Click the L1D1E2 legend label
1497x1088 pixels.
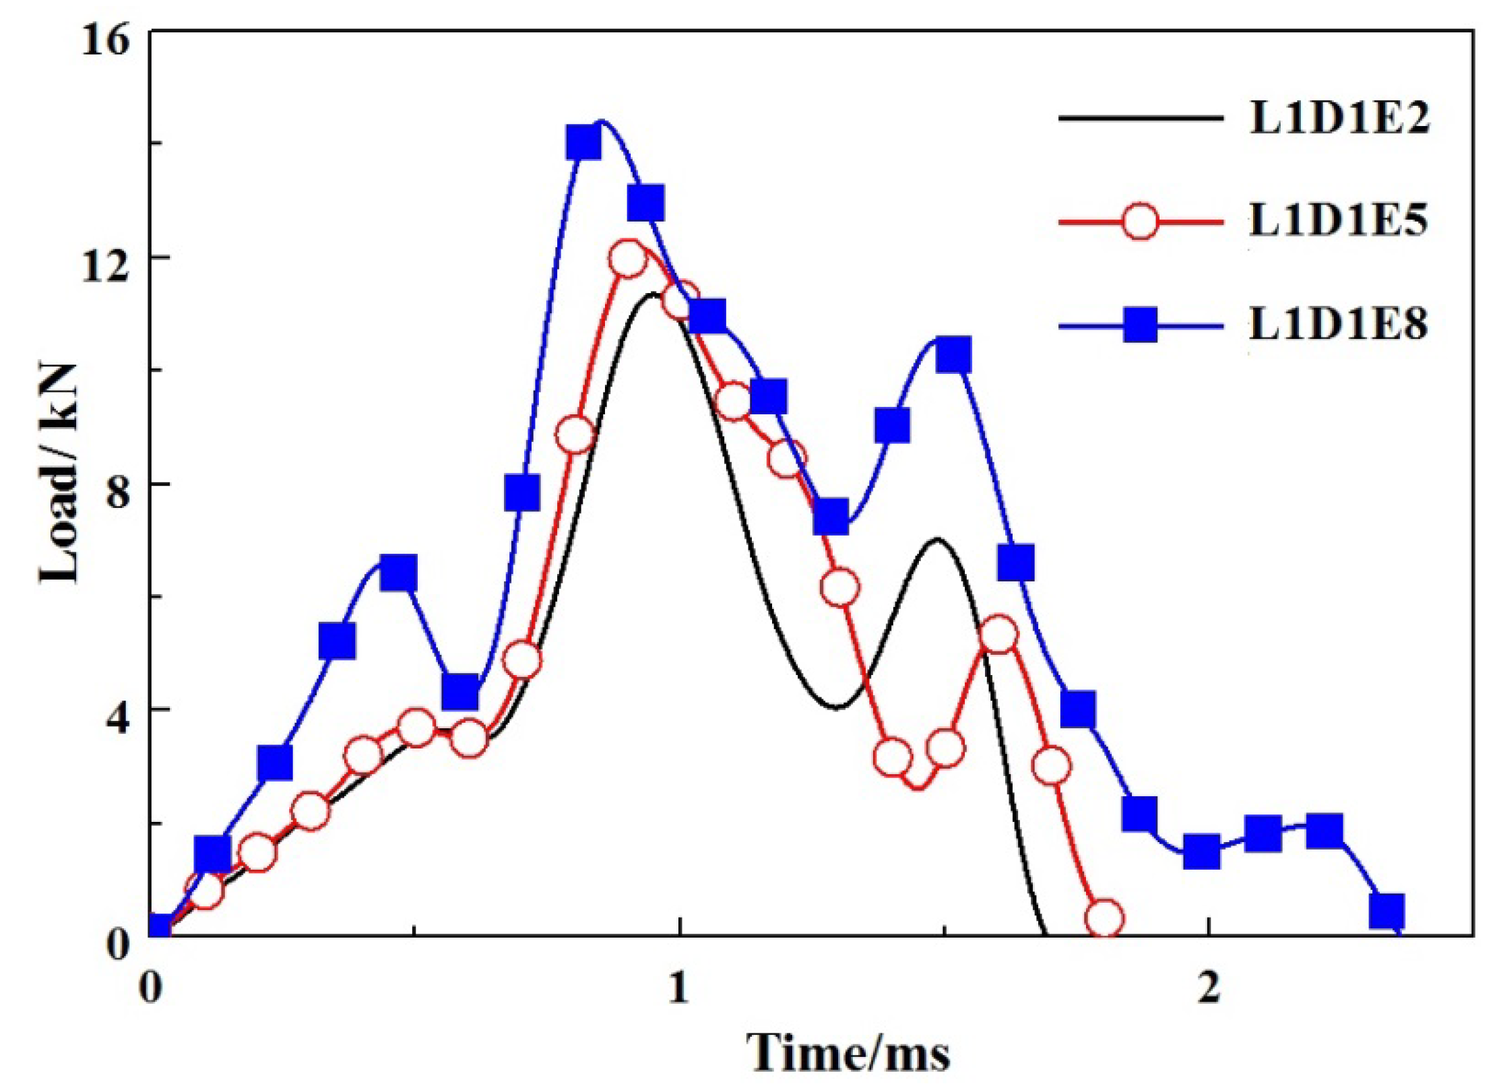pos(1339,119)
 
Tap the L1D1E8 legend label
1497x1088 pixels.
pos(1339,324)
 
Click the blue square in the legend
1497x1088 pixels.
pos(1141,325)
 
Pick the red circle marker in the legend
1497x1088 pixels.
pos(1141,220)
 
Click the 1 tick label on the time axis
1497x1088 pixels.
pos(679,988)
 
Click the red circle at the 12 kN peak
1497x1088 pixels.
pos(628,259)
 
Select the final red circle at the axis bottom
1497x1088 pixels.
pos(1105,918)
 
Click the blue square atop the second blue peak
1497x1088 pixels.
pos(953,356)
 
